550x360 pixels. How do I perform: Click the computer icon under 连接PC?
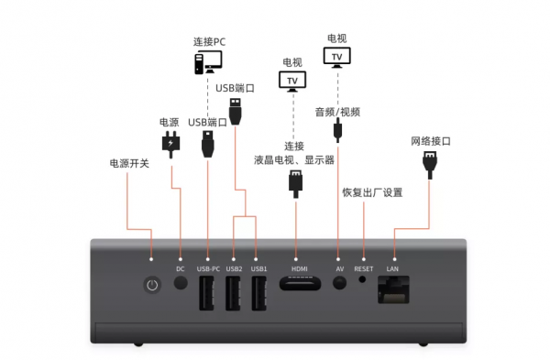pyautogui.click(x=207, y=62)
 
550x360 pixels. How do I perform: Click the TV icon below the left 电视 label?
pyautogui.click(x=292, y=81)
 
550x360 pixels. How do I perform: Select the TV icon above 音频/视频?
pyautogui.click(x=337, y=56)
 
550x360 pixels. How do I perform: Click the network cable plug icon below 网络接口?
pyautogui.click(x=429, y=164)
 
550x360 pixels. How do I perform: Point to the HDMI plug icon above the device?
pyautogui.click(x=295, y=182)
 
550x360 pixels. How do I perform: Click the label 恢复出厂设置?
pyautogui.click(x=372, y=193)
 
